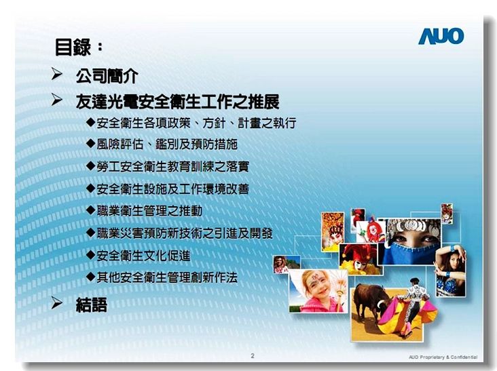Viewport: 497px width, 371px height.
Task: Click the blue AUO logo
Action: pos(441,36)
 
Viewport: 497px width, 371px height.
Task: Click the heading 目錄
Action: pos(73,47)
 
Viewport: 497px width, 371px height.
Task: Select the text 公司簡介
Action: pos(107,76)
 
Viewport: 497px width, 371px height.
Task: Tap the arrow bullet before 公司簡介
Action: pos(56,74)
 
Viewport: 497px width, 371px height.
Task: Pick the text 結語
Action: pos(91,305)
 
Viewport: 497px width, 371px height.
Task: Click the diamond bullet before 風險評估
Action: pos(91,144)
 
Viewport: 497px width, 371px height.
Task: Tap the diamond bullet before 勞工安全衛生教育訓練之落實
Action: pos(91,166)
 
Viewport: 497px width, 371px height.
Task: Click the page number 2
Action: pos(253,355)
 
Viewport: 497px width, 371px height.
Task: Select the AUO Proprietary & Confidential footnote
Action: pos(443,357)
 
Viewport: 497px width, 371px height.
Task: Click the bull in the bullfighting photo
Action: pos(371,300)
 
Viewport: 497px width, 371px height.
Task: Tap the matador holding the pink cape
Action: pos(413,304)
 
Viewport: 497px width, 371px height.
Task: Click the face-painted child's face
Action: pos(316,286)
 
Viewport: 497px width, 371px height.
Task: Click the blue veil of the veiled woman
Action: pos(409,254)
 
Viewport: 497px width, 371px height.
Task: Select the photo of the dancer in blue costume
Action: pos(451,271)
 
